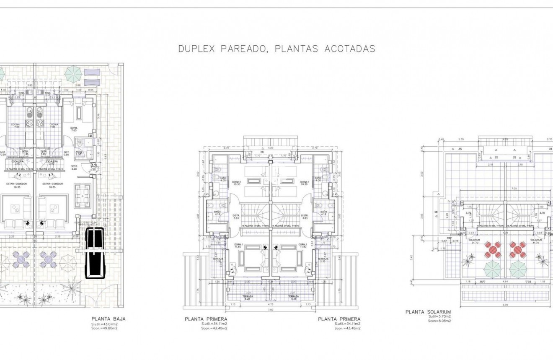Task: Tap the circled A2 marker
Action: pos(94,166)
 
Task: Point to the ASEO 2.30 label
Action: pos(78,153)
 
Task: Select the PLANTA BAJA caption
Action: pos(108,319)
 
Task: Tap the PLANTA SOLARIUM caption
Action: pos(428,312)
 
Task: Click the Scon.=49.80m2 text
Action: pos(104,328)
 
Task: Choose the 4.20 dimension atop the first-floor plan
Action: pos(270,148)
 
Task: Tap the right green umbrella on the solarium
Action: pos(518,269)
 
